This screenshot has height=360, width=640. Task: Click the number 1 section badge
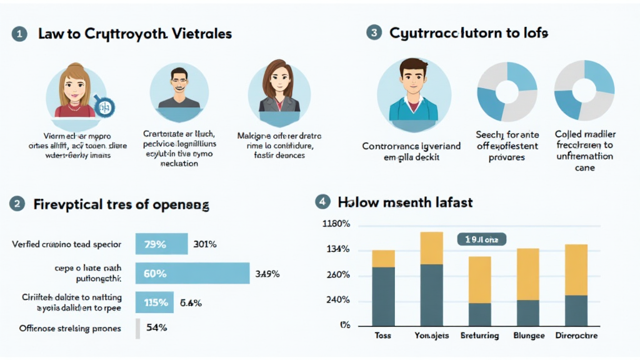click(x=19, y=34)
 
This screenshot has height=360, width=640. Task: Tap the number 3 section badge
click(x=373, y=32)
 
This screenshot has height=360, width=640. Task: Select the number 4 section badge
click(x=322, y=202)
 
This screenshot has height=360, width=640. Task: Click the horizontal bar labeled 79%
click(x=161, y=244)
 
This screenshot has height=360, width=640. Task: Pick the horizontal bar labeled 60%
click(x=192, y=273)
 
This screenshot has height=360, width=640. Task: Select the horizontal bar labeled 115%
click(x=155, y=302)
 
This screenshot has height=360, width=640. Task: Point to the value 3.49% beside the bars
click(x=267, y=274)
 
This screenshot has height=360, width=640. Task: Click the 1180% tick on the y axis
click(x=336, y=224)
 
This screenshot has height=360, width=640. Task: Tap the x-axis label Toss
click(x=382, y=336)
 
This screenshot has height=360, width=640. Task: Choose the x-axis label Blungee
click(x=527, y=336)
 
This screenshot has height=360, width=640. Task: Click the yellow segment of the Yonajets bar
click(x=431, y=248)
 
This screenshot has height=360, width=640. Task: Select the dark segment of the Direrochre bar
click(x=576, y=310)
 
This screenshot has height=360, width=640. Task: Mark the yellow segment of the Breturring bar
click(x=479, y=279)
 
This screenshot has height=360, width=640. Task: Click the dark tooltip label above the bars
click(x=481, y=239)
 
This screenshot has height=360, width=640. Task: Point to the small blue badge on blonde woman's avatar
click(x=104, y=107)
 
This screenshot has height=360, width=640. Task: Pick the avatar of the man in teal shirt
click(x=414, y=90)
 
